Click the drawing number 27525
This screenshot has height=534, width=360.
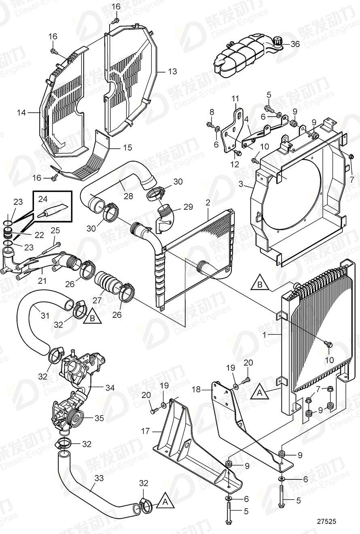[x=326, y=522]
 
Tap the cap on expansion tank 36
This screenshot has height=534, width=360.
[x=277, y=41]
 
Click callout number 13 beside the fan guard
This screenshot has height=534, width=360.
[x=172, y=72]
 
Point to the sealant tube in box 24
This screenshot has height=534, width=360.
[x=53, y=211]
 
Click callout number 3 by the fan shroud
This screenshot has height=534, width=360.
[x=241, y=184]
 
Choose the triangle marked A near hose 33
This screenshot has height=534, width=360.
[x=165, y=501]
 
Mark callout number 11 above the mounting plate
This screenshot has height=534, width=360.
[x=235, y=98]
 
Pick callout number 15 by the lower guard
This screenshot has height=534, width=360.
[x=127, y=148]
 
